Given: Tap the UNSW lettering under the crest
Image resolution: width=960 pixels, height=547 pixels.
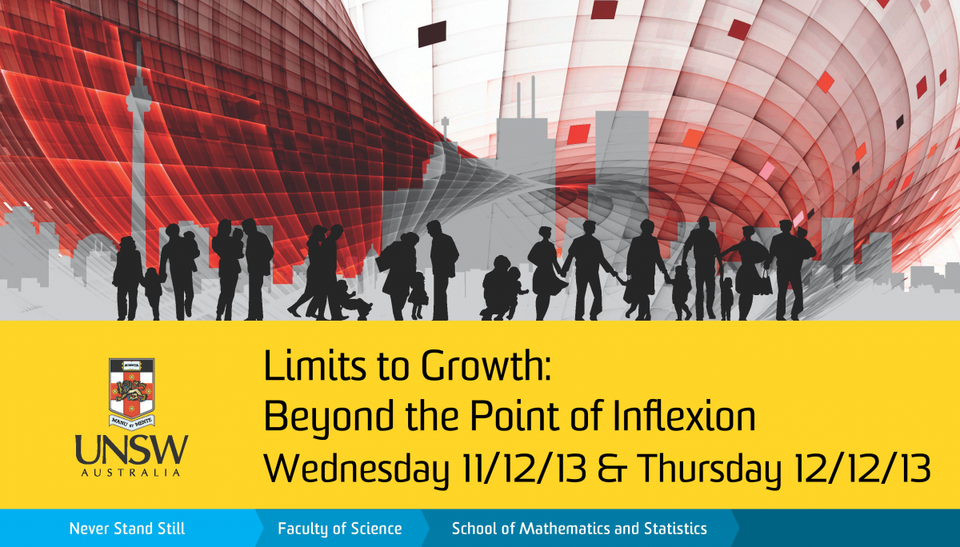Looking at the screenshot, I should tap(132, 450).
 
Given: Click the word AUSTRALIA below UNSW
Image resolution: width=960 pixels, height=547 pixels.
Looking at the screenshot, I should tap(132, 473).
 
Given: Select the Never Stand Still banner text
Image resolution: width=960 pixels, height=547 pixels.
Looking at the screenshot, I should tap(126, 529).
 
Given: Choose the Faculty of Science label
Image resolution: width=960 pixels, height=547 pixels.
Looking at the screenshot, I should tap(340, 529).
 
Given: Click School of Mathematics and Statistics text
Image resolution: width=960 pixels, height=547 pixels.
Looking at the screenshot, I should tap(579, 529).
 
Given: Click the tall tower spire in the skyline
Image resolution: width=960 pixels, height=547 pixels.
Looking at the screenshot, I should tap(137, 120).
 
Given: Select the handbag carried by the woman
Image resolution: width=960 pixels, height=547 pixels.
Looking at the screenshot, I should tap(766, 282).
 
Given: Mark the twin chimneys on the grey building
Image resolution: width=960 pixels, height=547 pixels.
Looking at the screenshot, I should tap(523, 100).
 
